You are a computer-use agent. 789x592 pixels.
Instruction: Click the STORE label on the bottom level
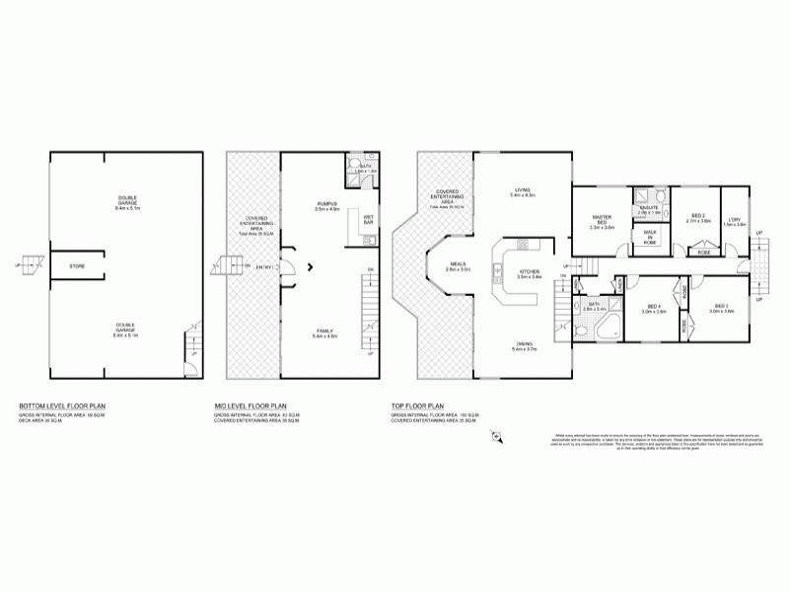(76, 266)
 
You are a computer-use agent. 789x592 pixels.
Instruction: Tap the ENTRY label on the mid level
(264, 266)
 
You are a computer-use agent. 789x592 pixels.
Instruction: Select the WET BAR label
(368, 219)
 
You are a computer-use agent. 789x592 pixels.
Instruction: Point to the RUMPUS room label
(326, 204)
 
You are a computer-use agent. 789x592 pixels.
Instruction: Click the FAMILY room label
(325, 333)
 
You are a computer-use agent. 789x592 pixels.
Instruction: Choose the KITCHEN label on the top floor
(530, 273)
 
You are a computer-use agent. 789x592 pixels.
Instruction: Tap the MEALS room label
(458, 265)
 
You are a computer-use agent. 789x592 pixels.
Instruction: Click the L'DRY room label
(735, 221)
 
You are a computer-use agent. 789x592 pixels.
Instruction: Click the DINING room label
(523, 345)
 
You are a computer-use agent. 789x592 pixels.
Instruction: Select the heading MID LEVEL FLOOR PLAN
(251, 406)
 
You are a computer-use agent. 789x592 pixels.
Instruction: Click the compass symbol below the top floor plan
(497, 435)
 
